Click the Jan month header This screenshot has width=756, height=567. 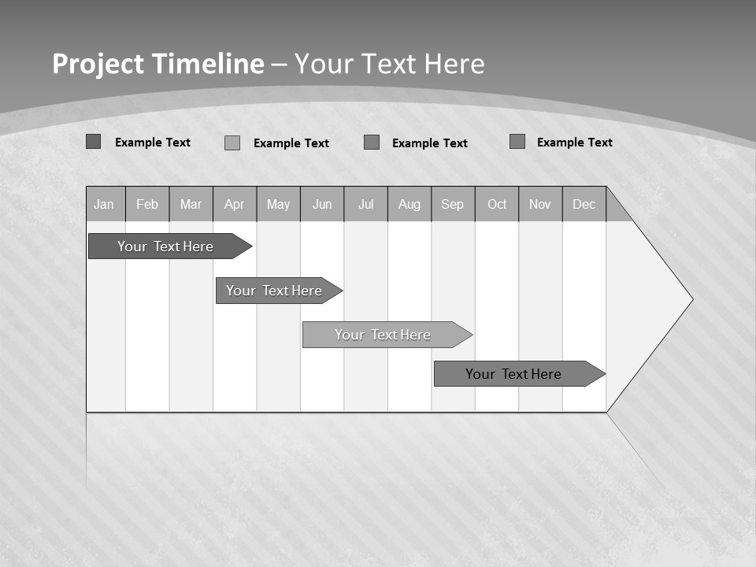(x=105, y=205)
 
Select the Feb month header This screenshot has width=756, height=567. (x=147, y=205)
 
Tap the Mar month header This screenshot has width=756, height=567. (x=191, y=205)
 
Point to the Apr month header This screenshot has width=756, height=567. (x=235, y=205)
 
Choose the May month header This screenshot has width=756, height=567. (x=278, y=205)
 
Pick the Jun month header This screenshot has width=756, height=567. (x=322, y=205)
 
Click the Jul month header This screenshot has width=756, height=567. (x=365, y=205)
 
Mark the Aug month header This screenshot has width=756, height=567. (x=409, y=205)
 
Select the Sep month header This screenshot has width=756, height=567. (x=453, y=205)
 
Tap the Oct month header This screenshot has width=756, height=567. (x=497, y=205)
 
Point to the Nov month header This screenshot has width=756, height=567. (x=540, y=205)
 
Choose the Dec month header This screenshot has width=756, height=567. (x=584, y=205)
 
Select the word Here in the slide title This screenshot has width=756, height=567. (x=454, y=64)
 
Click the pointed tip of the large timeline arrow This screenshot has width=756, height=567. (x=691, y=299)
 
